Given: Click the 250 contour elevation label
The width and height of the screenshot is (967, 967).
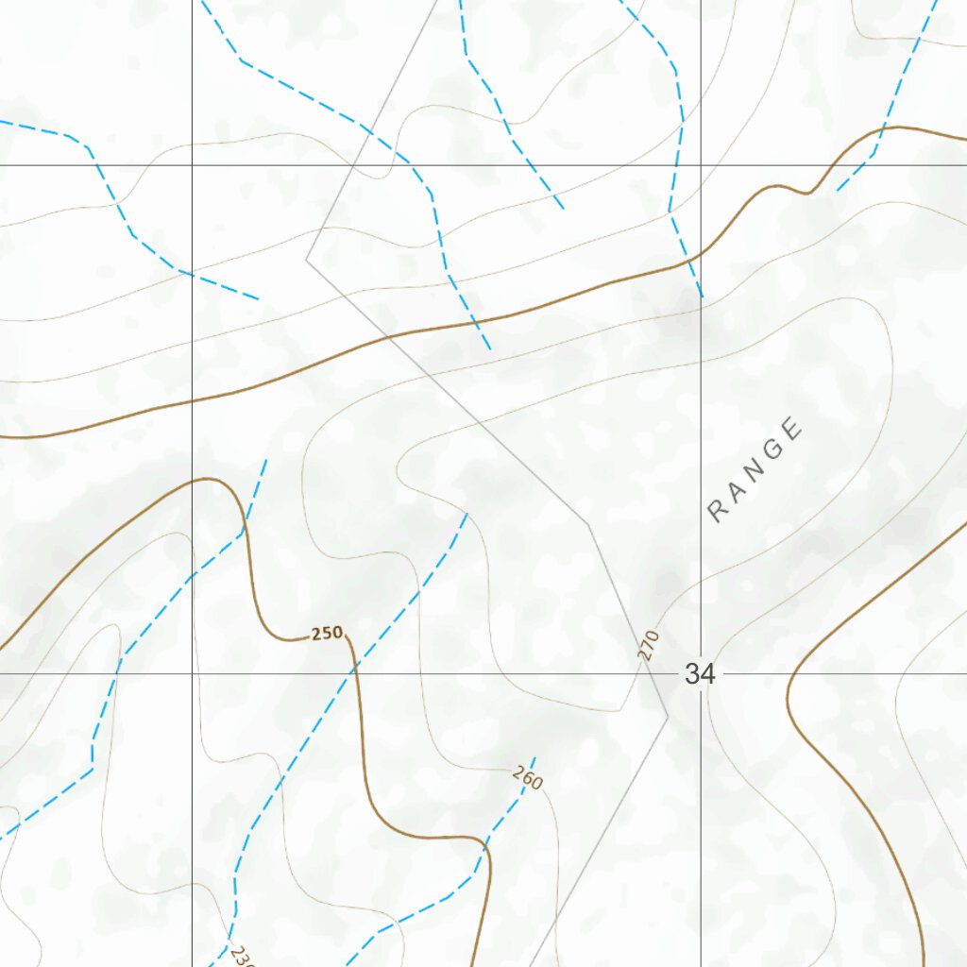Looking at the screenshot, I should (x=327, y=634).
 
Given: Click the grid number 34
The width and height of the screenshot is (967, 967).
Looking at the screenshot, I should (x=700, y=674).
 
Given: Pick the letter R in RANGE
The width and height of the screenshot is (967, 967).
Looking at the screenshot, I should (x=719, y=512).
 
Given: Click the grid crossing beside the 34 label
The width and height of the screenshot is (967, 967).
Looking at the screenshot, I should (x=701, y=674).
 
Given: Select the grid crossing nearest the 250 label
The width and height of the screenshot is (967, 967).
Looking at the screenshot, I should (x=193, y=674).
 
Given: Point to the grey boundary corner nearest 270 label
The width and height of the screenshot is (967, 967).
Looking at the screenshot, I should (x=668, y=715).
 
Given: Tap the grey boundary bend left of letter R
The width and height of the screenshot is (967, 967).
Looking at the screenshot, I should (x=587, y=522).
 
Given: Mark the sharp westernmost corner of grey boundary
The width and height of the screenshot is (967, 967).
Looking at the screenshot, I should (x=306, y=258).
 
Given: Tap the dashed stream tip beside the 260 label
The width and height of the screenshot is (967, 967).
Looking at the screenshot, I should (x=534, y=757).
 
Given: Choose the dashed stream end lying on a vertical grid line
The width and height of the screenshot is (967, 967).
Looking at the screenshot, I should (x=702, y=297).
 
